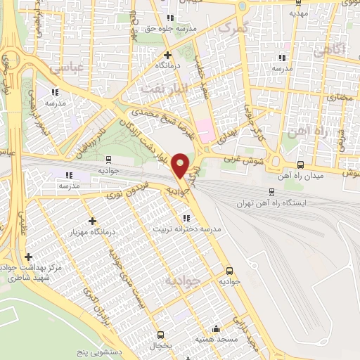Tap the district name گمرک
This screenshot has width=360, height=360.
pos(233,27)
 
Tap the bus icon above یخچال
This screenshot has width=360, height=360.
pos(161,335)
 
